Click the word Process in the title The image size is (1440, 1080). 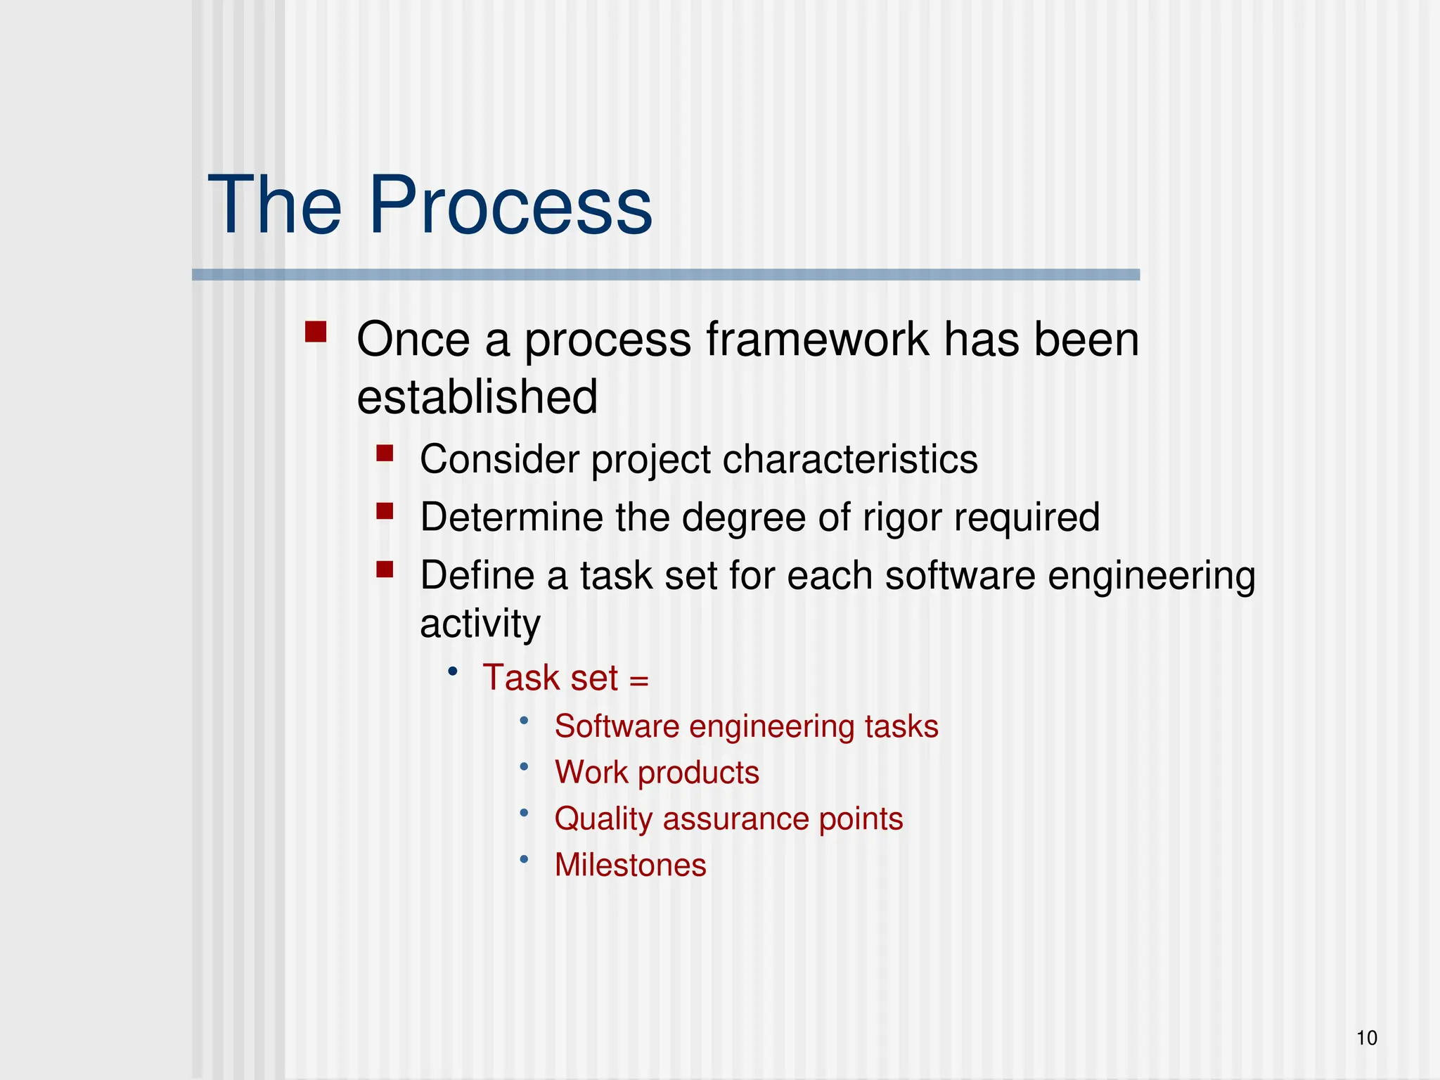[x=510, y=206]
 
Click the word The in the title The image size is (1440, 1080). [x=274, y=206]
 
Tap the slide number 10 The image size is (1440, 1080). [x=1366, y=1038]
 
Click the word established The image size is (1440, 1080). [x=477, y=397]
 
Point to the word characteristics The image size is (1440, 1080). [x=849, y=460]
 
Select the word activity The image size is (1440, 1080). [x=480, y=624]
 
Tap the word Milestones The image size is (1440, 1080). [x=630, y=865]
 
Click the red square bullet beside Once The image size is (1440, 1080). [x=316, y=331]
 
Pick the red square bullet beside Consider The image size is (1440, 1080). [x=385, y=453]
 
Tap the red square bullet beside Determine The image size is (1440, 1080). [x=385, y=510]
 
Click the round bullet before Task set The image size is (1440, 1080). [x=453, y=671]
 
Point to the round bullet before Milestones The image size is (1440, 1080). [x=524, y=859]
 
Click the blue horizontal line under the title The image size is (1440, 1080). [x=665, y=275]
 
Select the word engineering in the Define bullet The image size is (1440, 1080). [x=1151, y=576]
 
